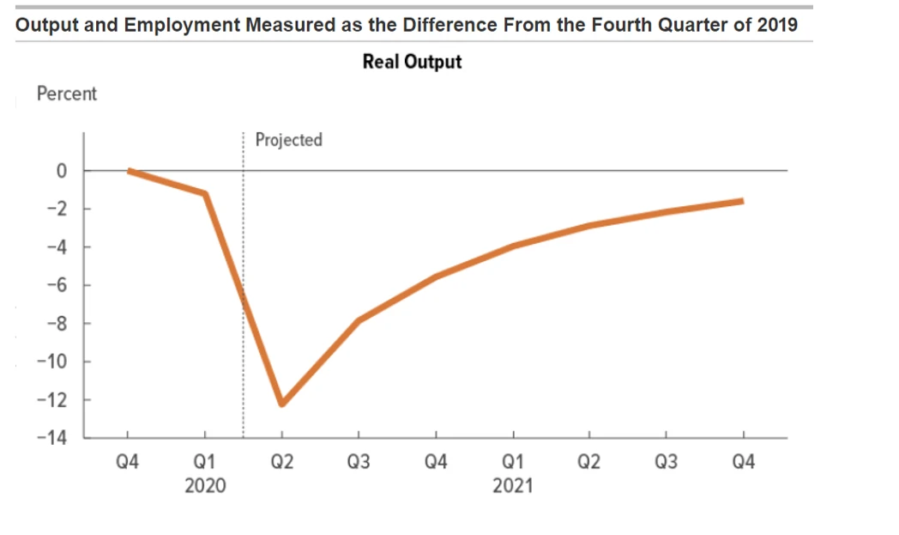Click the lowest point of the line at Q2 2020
pos(281,403)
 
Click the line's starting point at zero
pos(129,171)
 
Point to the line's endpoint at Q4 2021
pos(742,201)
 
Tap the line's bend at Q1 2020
pos(205,193)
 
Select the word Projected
pos(288,139)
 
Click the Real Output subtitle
pos(412,62)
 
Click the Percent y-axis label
pos(67,94)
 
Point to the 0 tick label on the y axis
pos(61,171)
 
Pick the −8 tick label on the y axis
pos(57,324)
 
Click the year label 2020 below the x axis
pos(205,486)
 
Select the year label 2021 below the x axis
pos(512,486)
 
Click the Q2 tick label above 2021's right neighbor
pos(588,464)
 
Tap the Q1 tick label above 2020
pos(205,464)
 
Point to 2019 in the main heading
pos(777,24)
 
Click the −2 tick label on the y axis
pos(57,209)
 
